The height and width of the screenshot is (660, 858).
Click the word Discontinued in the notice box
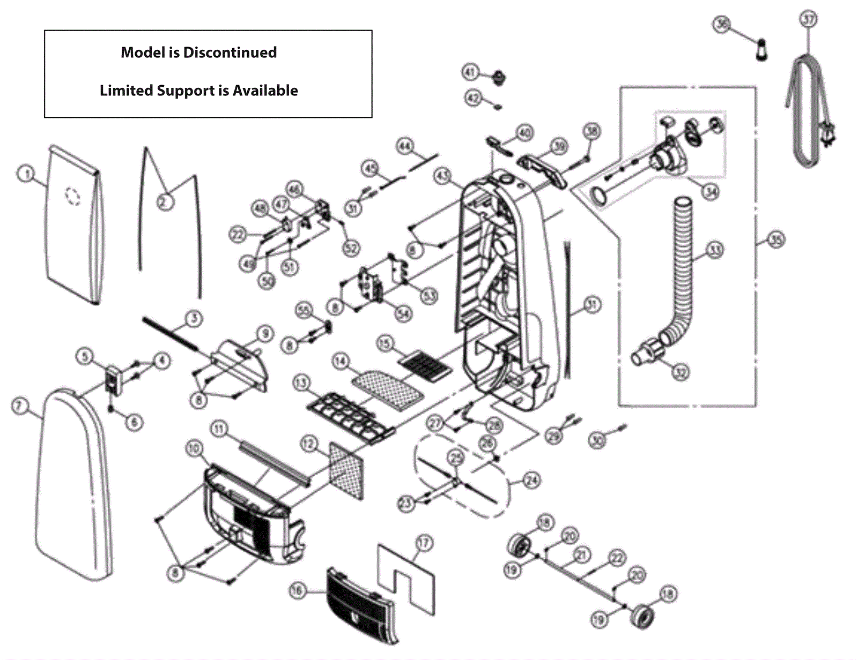(230, 52)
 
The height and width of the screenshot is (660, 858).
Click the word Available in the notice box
(265, 91)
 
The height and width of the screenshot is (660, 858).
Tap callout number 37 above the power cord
(808, 19)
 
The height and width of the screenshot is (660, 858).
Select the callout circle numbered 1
(26, 174)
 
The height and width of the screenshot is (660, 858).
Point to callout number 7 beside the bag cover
(19, 406)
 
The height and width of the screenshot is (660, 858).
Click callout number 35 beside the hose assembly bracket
(776, 239)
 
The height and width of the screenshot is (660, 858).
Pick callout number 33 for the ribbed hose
(715, 250)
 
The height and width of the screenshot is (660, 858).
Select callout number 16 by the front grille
(297, 590)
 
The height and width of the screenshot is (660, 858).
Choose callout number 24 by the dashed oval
(531, 479)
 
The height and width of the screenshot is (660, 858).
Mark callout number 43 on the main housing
(442, 175)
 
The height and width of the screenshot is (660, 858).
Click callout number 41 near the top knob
(470, 72)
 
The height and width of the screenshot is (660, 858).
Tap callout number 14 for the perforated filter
(341, 362)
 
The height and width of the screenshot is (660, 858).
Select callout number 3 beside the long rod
(194, 319)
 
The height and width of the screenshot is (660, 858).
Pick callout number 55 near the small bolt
(304, 310)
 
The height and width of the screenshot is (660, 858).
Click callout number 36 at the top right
(722, 24)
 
